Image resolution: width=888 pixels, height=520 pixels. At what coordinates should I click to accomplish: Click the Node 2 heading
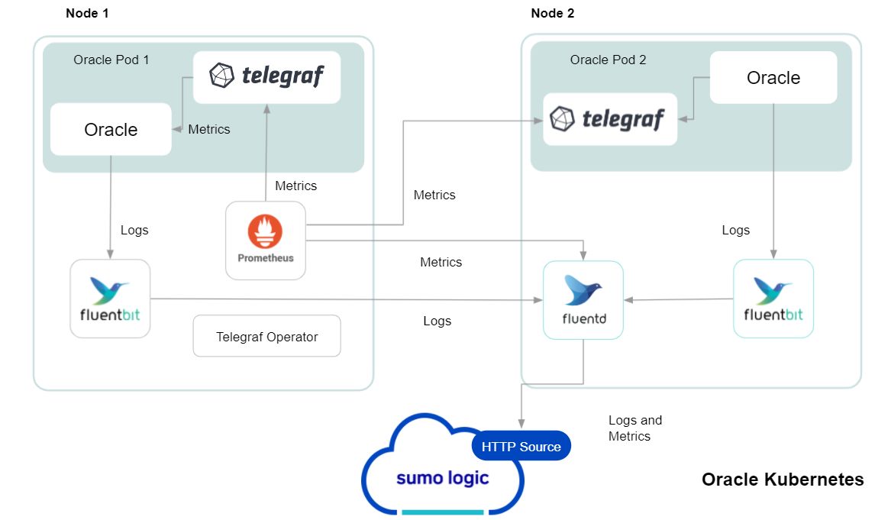coord(553,13)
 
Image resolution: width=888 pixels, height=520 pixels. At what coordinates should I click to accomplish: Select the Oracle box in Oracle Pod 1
coord(111,130)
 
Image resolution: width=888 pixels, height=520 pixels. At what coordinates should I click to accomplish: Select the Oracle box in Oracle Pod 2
coord(773,78)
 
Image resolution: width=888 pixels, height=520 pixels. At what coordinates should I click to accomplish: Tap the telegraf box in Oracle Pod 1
coord(266,76)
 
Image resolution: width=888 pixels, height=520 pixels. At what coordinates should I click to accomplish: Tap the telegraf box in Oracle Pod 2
coord(610,119)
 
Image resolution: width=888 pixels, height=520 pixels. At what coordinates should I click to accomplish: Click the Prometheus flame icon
coord(265,231)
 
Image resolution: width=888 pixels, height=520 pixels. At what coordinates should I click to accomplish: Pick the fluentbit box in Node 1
coord(110,299)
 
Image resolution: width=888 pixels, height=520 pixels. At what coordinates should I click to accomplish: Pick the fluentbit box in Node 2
coord(773,299)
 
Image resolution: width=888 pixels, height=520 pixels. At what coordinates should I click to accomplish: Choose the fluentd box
coord(583,300)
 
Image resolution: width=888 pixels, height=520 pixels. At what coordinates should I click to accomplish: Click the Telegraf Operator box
coord(266,336)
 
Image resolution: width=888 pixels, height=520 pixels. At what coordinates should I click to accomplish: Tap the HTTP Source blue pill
coord(521,447)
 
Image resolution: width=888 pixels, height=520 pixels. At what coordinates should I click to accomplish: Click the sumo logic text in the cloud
coord(442,478)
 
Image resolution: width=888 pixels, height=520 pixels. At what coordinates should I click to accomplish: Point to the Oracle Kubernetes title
coord(783,480)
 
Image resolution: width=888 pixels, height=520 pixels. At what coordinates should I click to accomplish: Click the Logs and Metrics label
coord(635,428)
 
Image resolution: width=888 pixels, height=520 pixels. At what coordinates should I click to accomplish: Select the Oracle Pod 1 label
coord(111,60)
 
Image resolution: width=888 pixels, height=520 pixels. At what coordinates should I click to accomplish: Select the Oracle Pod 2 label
coord(608,60)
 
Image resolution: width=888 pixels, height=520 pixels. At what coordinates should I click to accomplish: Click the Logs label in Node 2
coord(735,230)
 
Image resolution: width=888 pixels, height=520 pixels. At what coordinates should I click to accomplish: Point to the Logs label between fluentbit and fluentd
coord(437,321)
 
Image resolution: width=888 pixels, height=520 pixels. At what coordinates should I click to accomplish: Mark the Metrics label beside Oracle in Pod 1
coord(208,129)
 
